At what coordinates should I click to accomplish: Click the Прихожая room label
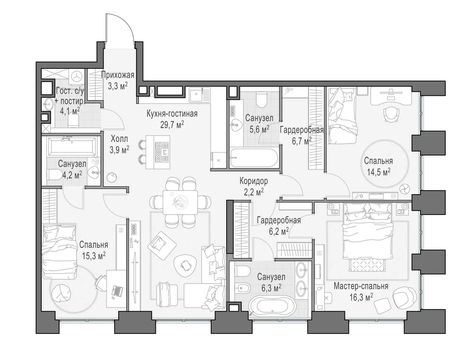click(x=117, y=75)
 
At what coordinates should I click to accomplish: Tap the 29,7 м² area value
click(x=172, y=124)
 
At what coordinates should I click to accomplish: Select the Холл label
click(x=119, y=139)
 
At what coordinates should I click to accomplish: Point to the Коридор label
click(x=254, y=181)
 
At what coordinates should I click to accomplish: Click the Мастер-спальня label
click(x=361, y=286)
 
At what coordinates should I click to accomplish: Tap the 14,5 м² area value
click(x=379, y=172)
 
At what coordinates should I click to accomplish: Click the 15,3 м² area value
click(x=94, y=256)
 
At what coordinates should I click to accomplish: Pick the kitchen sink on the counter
click(x=196, y=94)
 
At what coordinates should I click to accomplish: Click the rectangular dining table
click(x=180, y=202)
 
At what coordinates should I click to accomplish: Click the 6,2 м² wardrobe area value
click(x=278, y=231)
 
